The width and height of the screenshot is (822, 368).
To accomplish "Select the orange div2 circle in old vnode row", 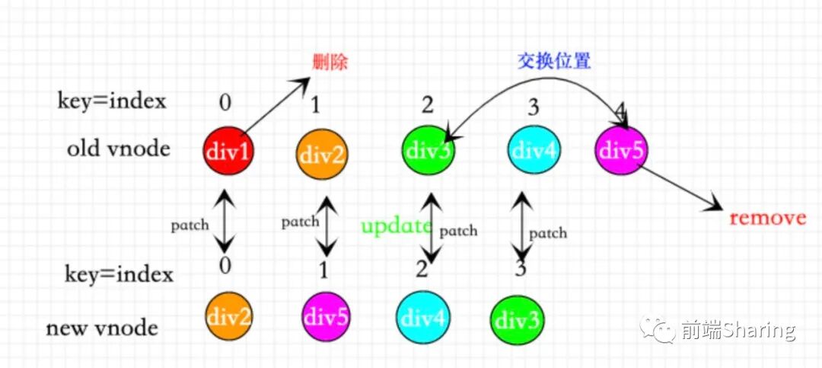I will point(322,155).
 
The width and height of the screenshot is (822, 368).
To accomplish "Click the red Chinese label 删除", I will point(330,62).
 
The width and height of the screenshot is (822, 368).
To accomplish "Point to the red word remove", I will point(767,218).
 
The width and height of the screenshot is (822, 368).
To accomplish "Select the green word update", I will point(396,226).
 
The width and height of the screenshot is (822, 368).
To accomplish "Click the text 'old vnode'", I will point(118,148).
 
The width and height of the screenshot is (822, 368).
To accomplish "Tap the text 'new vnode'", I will point(102,328).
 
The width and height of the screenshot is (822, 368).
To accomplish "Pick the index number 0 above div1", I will point(225,101).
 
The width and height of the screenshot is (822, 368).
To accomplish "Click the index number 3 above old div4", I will point(533,107).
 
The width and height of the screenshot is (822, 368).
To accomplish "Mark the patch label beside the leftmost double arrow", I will point(190,226).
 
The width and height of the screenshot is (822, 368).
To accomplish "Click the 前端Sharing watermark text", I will point(738,330).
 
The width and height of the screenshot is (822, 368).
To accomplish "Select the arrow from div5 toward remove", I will point(680,188).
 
